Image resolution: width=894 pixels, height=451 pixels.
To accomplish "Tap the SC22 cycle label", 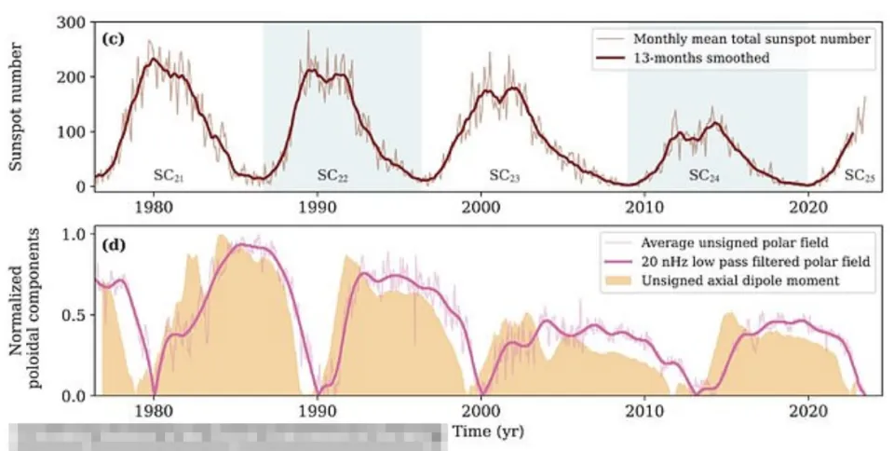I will tap(332, 174).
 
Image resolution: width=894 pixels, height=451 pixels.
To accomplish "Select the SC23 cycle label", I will tap(505, 174).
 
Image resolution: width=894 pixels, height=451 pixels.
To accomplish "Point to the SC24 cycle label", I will tap(705, 174).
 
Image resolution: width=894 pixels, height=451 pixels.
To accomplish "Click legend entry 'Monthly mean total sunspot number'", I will tap(752, 39).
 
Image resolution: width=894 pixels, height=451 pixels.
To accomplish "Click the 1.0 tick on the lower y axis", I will tap(74, 234).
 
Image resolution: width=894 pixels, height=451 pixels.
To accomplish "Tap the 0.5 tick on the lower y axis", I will tap(74, 315).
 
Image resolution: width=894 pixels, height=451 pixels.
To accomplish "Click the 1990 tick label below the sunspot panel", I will tap(318, 206).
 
